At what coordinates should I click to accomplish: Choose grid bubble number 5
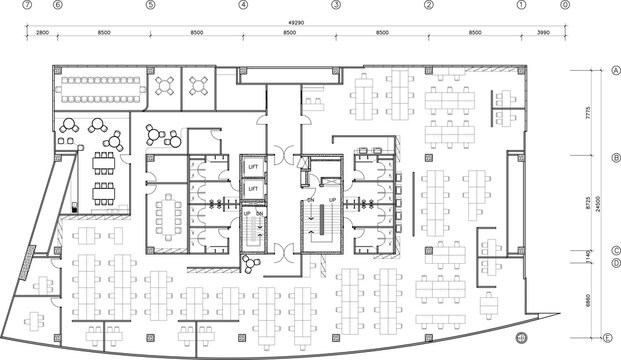tap(150, 5)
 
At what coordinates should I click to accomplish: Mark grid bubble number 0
tap(565, 5)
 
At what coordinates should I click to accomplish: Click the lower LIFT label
tap(253, 187)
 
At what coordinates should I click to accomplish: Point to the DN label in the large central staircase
tap(311, 199)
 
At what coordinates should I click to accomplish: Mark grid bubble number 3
tap(335, 5)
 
